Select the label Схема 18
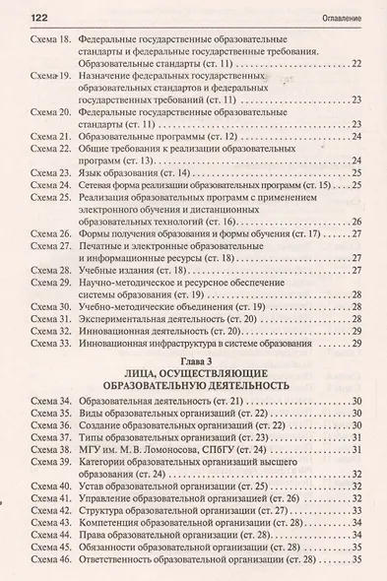pyautogui.click(x=44, y=45)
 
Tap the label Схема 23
pyautogui.click(x=44, y=171)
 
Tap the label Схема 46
pyautogui.click(x=44, y=572)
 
